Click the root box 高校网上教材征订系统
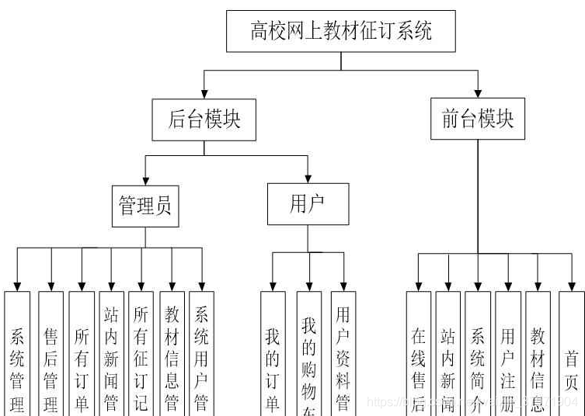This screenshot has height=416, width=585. point(341,31)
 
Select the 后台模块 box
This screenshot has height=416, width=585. point(204,120)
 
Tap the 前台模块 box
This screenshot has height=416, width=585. point(477,119)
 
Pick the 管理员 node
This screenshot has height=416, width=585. point(145,206)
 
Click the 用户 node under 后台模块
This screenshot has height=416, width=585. point(308,204)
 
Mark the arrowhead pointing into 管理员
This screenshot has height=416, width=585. point(145,180)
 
